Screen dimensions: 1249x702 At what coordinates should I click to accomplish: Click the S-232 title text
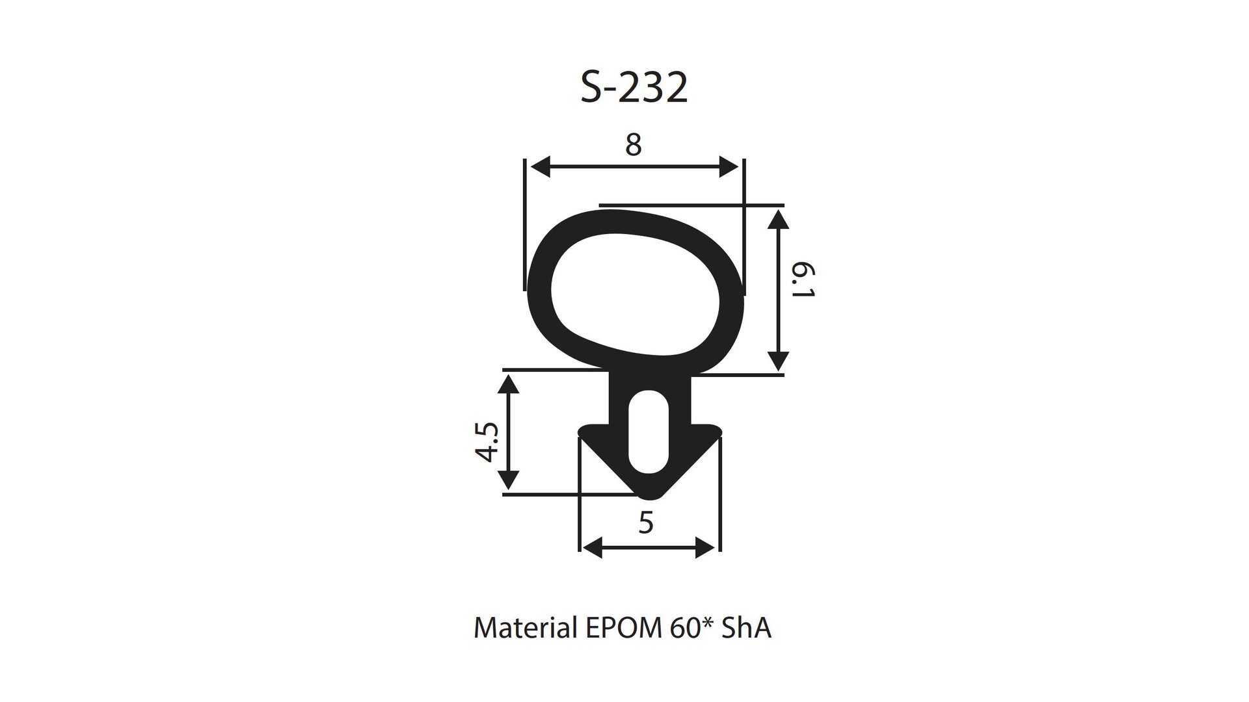(x=634, y=88)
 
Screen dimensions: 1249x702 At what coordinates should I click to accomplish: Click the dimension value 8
(x=633, y=145)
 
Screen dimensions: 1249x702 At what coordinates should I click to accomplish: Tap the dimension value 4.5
(x=487, y=442)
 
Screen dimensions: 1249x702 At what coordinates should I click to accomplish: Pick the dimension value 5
(x=645, y=523)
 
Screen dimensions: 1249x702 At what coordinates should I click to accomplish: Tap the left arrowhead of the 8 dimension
(x=541, y=166)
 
